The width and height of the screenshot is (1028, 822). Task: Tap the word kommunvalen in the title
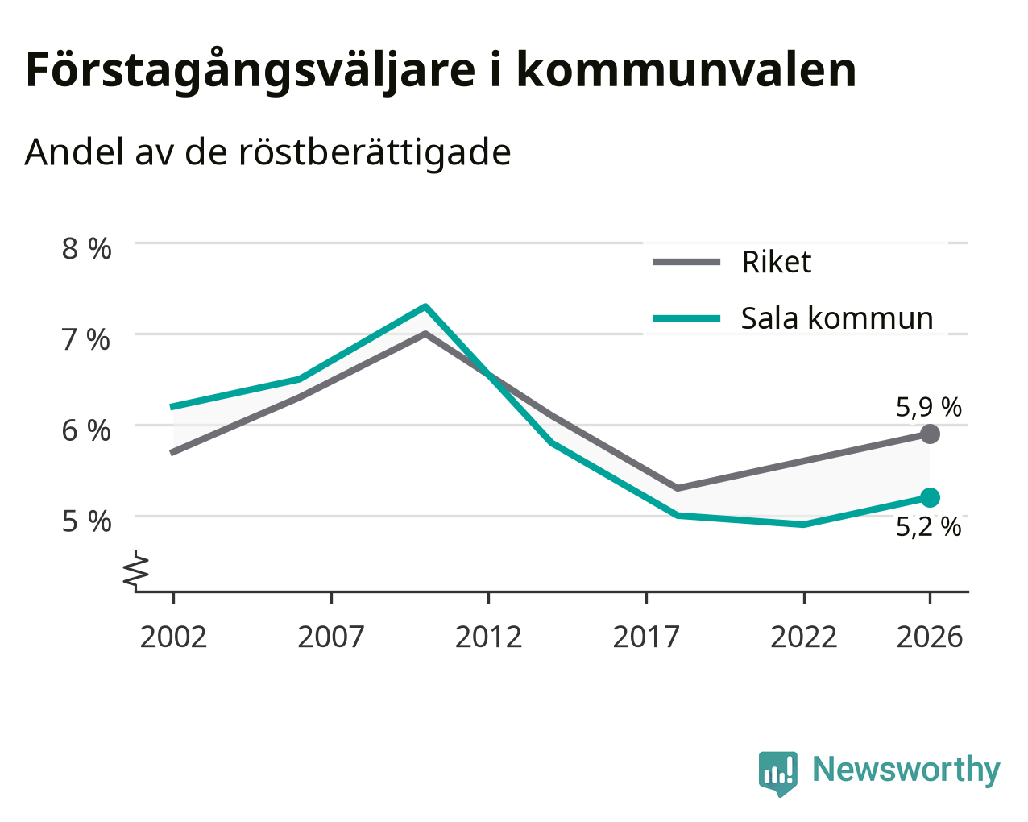[686, 70]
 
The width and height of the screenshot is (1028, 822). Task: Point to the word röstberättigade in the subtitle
[375, 153]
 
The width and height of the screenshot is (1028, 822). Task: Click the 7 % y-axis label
[86, 340]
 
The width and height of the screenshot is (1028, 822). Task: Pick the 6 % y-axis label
[86, 430]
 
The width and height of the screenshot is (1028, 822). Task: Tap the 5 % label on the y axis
[86, 522]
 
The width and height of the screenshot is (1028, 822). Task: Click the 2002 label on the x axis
[173, 637]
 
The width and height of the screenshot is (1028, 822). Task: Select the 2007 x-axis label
[331, 637]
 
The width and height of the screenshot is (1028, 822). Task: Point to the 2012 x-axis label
[488, 637]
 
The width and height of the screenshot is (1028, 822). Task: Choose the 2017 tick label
[646, 637]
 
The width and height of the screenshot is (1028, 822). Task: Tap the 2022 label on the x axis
[803, 637]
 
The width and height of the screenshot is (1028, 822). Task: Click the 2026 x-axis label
[929, 637]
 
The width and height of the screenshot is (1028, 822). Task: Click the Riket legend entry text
[777, 262]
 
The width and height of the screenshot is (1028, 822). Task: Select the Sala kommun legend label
[837, 318]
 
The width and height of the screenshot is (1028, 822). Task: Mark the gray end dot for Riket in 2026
[930, 434]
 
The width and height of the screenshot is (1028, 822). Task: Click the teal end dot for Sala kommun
[930, 497]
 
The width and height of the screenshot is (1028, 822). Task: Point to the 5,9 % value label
[929, 408]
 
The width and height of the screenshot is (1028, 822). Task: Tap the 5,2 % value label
[929, 527]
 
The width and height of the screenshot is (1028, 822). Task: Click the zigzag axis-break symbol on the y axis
[136, 569]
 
